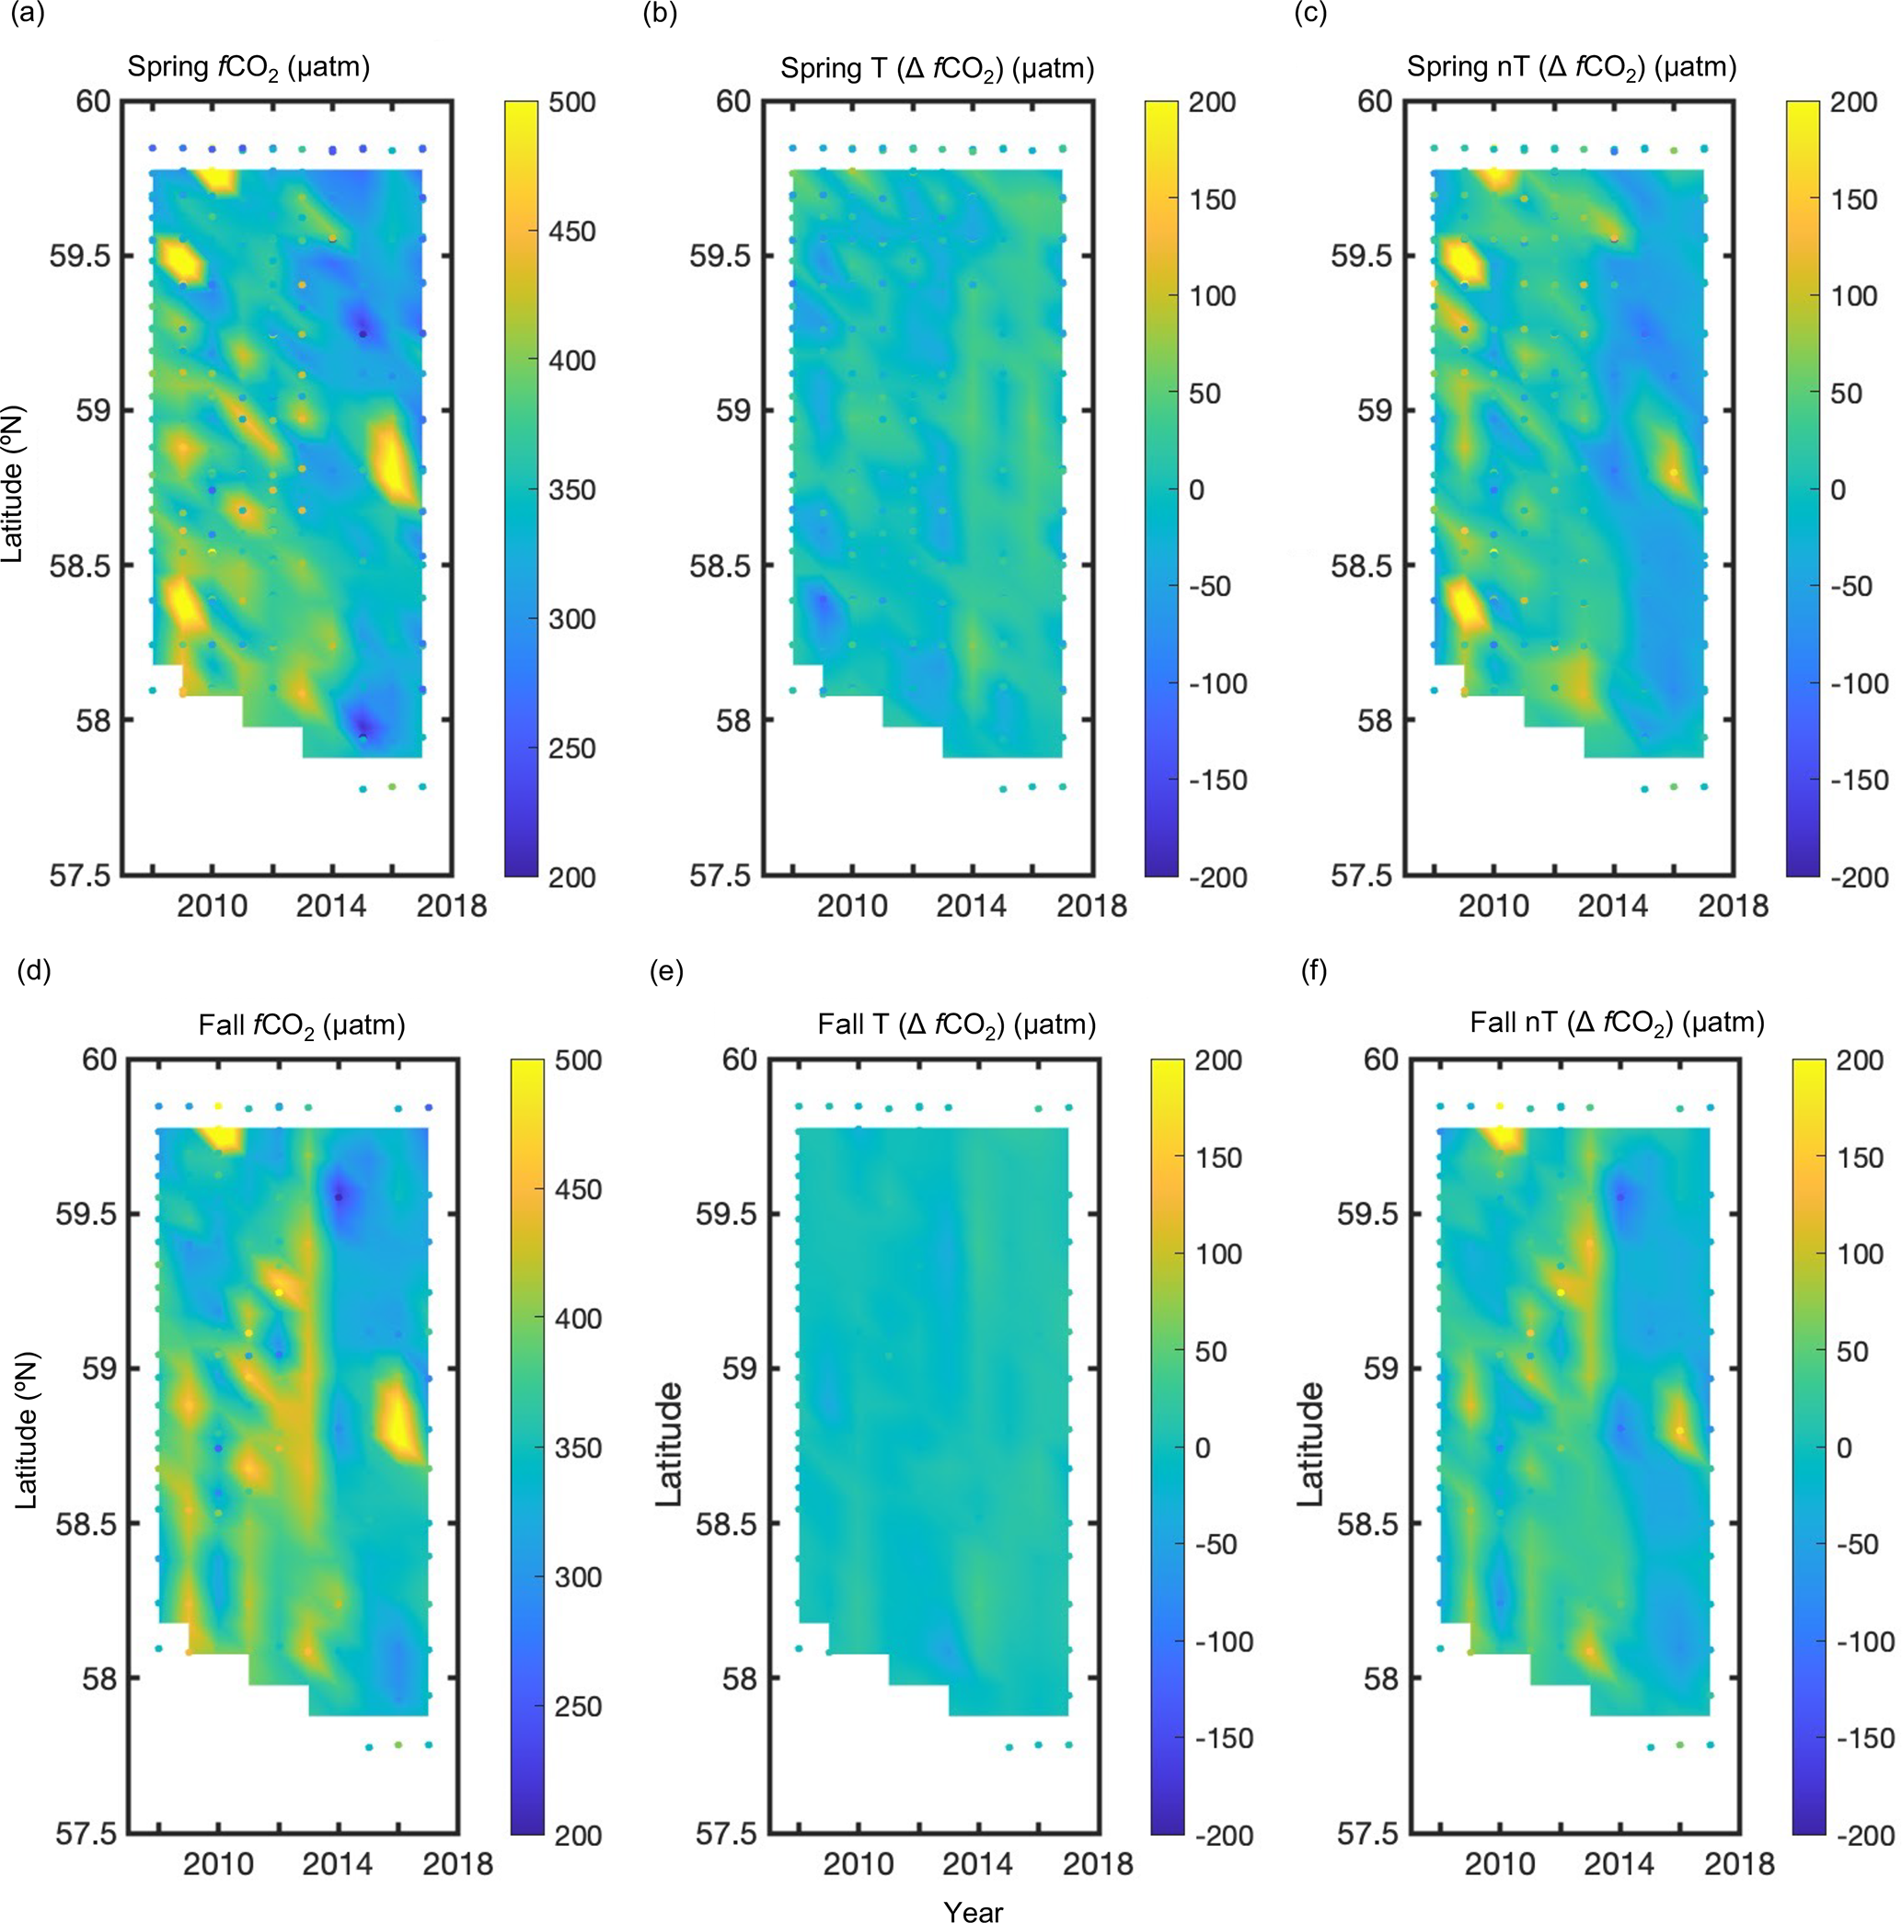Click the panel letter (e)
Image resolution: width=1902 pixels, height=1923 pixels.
[666, 970]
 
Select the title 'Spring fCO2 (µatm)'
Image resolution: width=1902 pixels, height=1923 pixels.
[248, 68]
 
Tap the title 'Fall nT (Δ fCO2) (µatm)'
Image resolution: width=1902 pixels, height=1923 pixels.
[1617, 1023]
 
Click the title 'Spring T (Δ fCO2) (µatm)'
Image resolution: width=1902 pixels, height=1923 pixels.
[936, 69]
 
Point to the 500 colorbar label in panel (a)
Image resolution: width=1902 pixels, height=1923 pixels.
[571, 102]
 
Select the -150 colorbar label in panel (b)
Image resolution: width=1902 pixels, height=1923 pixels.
[1216, 781]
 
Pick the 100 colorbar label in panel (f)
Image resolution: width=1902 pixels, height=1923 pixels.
[1858, 1254]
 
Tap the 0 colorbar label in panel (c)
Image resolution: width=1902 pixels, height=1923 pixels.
[1839, 489]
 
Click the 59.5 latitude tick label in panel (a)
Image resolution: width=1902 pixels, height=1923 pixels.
[81, 256]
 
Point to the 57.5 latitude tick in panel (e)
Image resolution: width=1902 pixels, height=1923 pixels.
[726, 1834]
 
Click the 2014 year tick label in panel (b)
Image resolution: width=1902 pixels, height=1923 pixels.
[971, 906]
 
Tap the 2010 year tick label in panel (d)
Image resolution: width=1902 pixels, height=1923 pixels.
[218, 1863]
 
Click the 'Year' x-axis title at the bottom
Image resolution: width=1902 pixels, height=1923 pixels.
[973, 1909]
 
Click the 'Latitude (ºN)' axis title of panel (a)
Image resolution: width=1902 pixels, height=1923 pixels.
[13, 485]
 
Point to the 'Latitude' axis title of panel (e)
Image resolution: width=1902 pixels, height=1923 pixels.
[670, 1443]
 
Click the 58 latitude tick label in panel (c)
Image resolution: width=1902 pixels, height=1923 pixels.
[1374, 721]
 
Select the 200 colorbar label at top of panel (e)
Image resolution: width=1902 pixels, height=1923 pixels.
[1218, 1060]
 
